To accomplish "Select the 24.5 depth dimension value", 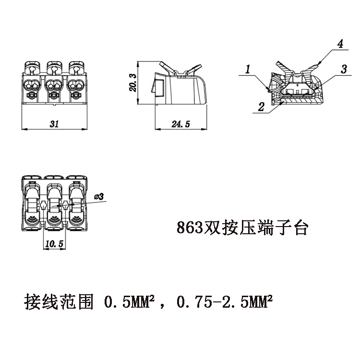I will click(x=181, y=124).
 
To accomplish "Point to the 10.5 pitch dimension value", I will click(x=54, y=244).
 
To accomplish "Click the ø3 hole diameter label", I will click(x=100, y=197).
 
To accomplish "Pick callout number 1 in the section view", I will click(x=248, y=70).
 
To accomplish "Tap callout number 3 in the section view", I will click(x=344, y=69).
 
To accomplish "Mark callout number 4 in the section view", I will click(x=339, y=44).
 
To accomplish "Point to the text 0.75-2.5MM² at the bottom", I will click(x=225, y=303).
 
